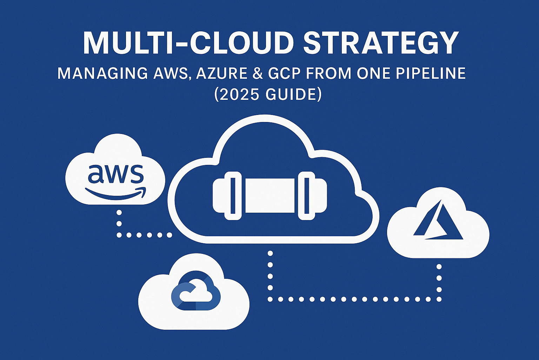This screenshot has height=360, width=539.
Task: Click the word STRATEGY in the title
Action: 381,43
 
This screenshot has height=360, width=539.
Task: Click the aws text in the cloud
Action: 115,174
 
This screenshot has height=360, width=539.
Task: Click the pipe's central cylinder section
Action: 270,196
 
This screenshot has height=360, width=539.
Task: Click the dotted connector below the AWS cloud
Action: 119,224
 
